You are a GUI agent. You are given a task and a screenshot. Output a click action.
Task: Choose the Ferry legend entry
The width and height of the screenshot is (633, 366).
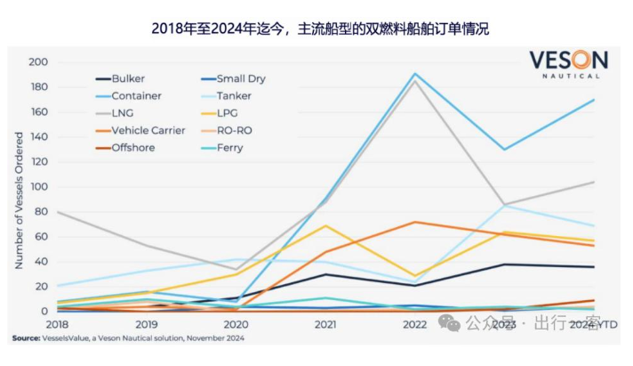229,147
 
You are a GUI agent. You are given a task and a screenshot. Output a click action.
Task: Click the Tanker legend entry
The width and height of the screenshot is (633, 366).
234,95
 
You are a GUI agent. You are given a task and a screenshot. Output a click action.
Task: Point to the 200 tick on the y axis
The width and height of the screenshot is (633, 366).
37,62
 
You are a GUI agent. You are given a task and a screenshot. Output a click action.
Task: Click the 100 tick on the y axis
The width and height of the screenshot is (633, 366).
37,187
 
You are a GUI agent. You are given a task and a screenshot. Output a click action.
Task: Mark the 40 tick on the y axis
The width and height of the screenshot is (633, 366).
40,262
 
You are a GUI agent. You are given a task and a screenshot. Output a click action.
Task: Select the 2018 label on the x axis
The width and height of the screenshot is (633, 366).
55,325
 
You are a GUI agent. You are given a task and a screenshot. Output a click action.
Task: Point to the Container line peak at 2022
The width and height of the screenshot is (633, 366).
413,74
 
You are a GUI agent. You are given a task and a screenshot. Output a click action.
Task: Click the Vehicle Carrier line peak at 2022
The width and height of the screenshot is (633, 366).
413,222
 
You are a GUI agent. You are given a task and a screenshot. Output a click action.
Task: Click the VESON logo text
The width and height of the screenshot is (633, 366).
568,61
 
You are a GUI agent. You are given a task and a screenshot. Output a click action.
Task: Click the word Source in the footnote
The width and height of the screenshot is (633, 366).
25,338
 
